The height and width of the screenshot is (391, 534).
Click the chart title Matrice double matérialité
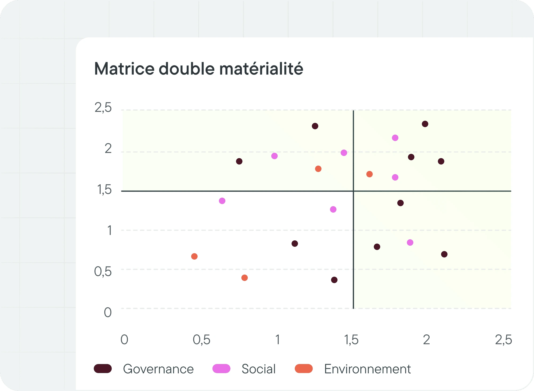[x=199, y=69]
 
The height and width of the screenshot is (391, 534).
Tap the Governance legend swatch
[x=103, y=369]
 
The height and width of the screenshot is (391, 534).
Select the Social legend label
[x=258, y=369]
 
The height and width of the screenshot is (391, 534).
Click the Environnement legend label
[x=367, y=369]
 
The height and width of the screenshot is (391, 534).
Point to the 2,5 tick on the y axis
[x=103, y=108]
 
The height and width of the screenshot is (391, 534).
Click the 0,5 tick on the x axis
[x=202, y=340]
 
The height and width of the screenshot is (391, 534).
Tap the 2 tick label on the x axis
[x=426, y=340]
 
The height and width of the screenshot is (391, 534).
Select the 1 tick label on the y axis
[x=109, y=230]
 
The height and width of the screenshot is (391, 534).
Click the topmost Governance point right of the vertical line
[x=425, y=124]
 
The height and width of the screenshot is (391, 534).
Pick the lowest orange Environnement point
[x=245, y=278]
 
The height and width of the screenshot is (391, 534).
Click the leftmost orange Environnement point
[x=194, y=256]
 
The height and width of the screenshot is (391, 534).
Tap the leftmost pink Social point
[x=222, y=201]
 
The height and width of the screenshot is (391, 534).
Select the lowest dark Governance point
[x=334, y=280]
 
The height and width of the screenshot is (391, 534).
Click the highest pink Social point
[x=395, y=138]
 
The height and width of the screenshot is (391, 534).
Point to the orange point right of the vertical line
[x=370, y=174]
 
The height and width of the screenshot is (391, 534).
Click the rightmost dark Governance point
[x=444, y=254]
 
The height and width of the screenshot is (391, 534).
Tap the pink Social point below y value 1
[x=410, y=243]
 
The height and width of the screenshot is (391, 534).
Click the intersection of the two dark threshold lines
[x=354, y=191]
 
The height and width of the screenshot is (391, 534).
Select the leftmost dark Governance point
[x=239, y=161]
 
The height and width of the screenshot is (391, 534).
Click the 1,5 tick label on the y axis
[x=104, y=190]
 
